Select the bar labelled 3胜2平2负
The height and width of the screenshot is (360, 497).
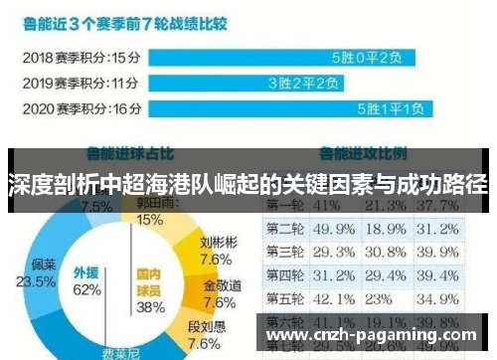coord(235,83)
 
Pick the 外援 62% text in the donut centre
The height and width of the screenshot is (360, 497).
coord(87,281)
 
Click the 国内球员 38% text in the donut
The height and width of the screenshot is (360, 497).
coord(150,288)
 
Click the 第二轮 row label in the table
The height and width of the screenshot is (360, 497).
coord(284,229)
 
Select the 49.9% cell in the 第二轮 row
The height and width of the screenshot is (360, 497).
coord(333,229)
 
